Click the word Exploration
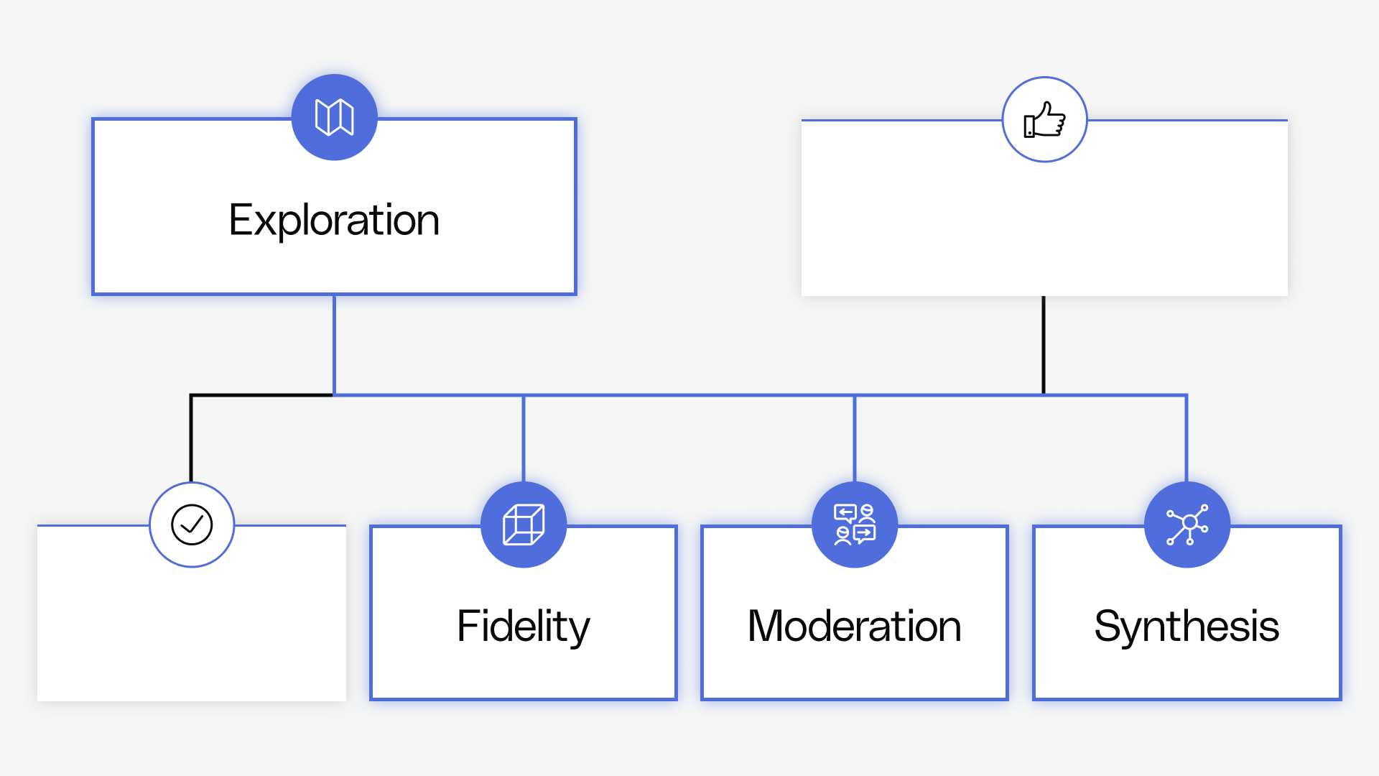coord(334,220)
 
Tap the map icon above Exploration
coord(334,117)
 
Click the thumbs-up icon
coord(1044,119)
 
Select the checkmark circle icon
coord(192,525)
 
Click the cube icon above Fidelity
coord(524,525)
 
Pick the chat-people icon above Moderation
coord(855,525)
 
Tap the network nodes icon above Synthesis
coord(1187,525)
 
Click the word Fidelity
coord(524,627)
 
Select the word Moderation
coord(855,627)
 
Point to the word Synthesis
coord(1187,627)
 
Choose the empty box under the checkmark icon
coord(192,632)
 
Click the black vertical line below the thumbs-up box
coord(1044,345)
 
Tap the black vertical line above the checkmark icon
coord(191,438)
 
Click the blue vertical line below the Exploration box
coord(334,345)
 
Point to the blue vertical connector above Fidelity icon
coord(524,438)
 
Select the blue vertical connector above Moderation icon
coord(855,438)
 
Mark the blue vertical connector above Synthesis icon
coord(1187,438)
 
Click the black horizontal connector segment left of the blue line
coord(262,394)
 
